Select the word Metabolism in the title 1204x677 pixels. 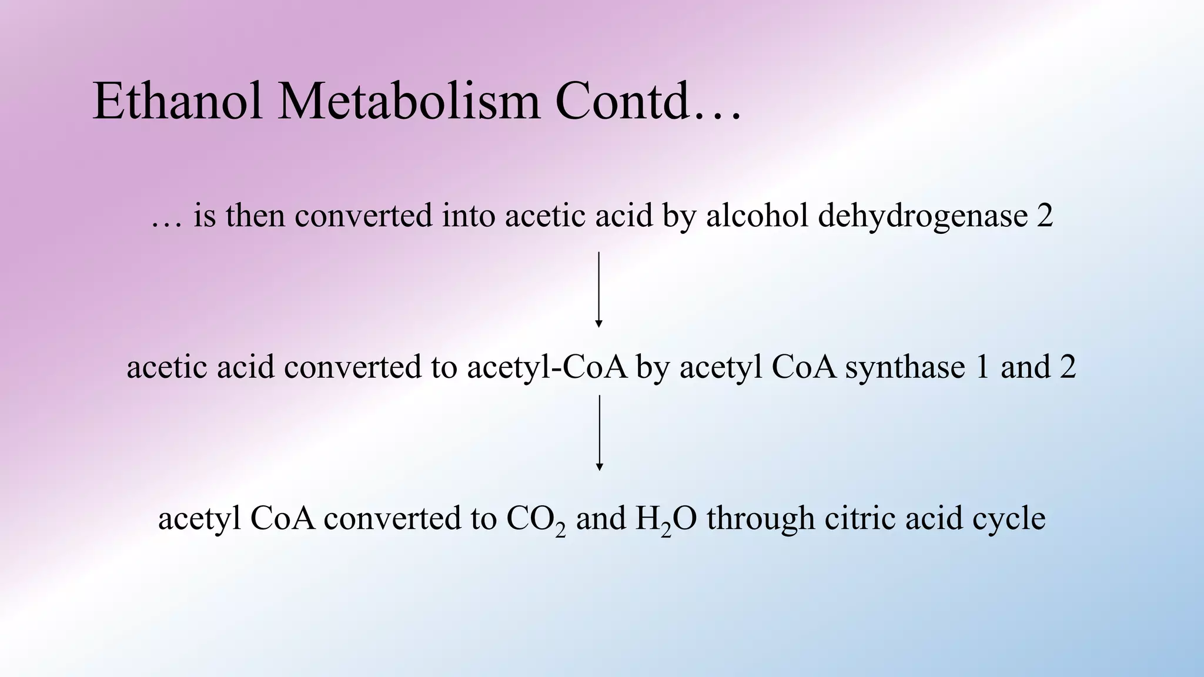tap(409, 102)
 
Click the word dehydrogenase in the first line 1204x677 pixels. tap(922, 215)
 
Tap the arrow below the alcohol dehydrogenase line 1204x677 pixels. tap(598, 289)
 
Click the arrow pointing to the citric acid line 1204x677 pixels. tap(599, 433)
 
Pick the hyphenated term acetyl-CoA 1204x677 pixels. tap(547, 367)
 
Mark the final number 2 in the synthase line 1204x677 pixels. tap(1068, 367)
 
